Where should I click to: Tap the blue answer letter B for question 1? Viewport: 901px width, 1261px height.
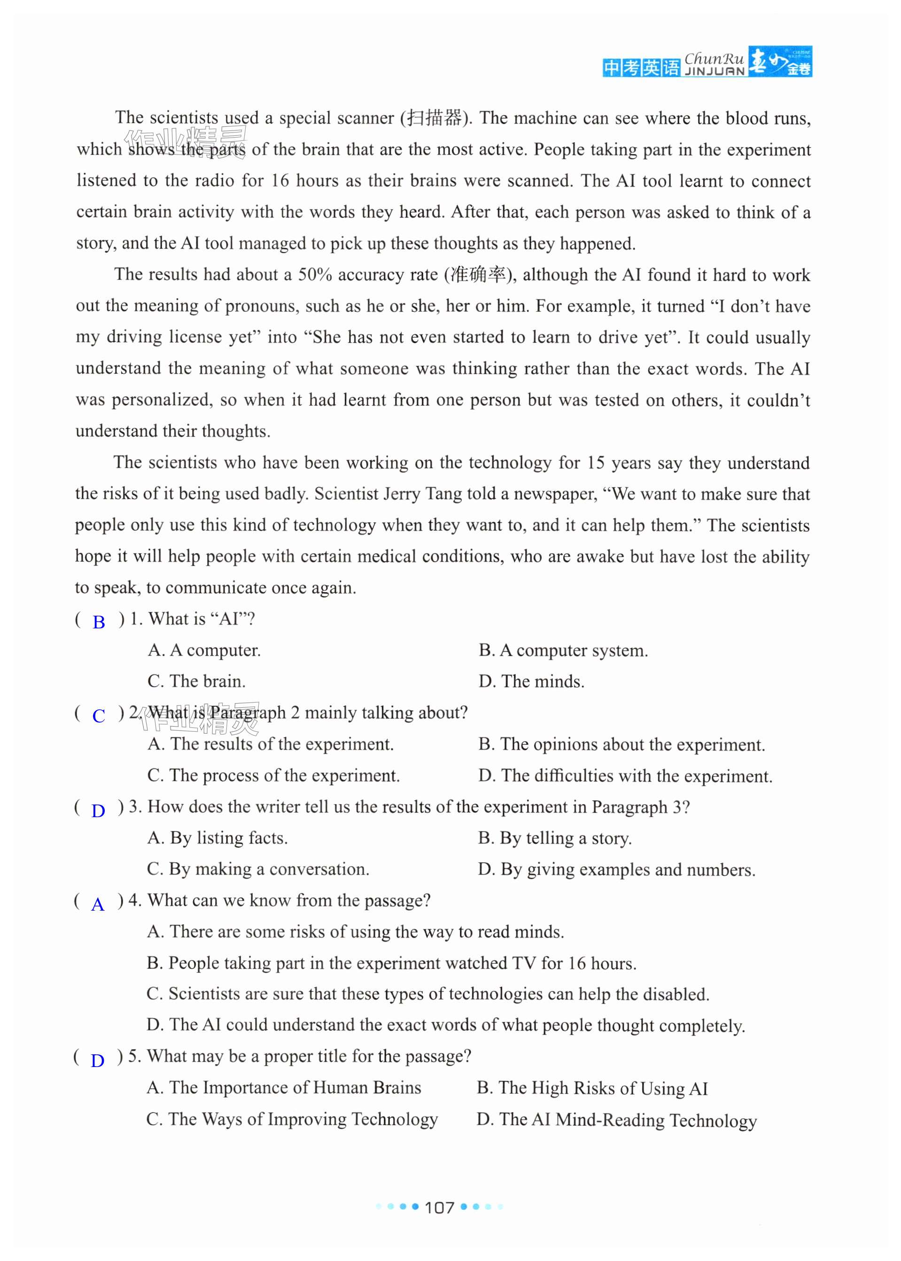99,622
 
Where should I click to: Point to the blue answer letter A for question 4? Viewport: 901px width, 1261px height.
98,905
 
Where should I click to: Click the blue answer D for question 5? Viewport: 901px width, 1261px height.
97,1060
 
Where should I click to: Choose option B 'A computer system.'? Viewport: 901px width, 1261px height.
563,650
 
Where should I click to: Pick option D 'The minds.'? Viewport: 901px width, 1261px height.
531,681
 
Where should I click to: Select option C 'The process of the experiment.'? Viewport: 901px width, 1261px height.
273,775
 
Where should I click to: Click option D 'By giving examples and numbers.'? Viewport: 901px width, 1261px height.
616,869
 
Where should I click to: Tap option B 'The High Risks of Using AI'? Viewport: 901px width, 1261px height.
592,1088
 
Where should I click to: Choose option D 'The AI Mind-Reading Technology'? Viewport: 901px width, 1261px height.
616,1120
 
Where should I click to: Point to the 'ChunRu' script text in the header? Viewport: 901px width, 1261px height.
714,58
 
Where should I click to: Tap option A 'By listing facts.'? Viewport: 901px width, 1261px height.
217,838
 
